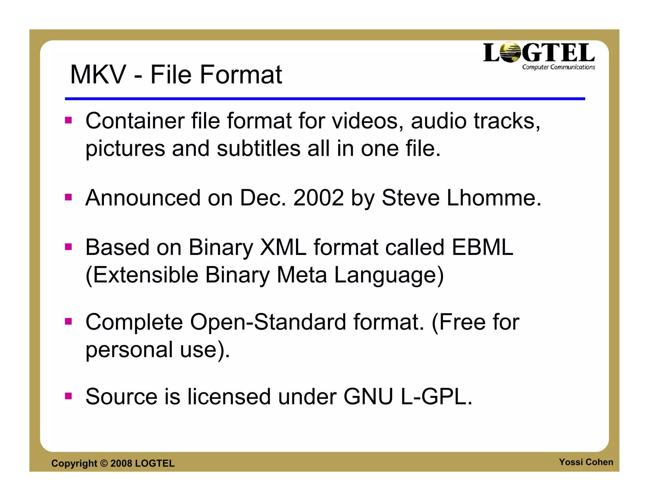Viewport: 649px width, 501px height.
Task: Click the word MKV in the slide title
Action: pyautogui.click(x=98, y=75)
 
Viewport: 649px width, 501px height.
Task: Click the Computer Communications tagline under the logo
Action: pyautogui.click(x=558, y=67)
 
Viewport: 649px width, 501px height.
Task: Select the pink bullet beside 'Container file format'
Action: pyautogui.click(x=68, y=120)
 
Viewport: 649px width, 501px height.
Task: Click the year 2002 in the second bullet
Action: pyautogui.click(x=318, y=198)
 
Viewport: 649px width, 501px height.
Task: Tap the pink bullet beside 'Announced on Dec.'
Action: pyautogui.click(x=68, y=198)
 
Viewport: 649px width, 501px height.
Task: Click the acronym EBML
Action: pyautogui.click(x=482, y=247)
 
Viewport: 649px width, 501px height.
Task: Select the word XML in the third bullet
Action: pyautogui.click(x=283, y=247)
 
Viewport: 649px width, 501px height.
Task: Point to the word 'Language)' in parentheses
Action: pyautogui.click(x=389, y=275)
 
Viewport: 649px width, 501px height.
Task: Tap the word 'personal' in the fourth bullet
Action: pyautogui.click(x=129, y=350)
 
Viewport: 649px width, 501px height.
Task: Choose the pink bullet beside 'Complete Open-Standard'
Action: pyautogui.click(x=68, y=322)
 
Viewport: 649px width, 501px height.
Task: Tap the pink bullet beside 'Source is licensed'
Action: pyautogui.click(x=68, y=396)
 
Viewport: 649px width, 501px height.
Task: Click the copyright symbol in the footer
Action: pyautogui.click(x=104, y=463)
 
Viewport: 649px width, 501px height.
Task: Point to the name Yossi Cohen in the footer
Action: pyautogui.click(x=586, y=462)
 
